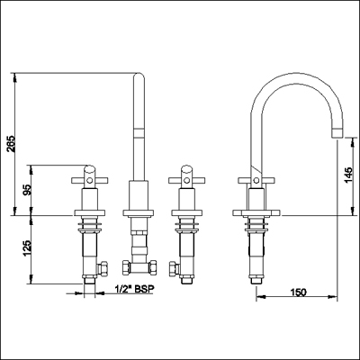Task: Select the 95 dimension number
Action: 27,190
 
